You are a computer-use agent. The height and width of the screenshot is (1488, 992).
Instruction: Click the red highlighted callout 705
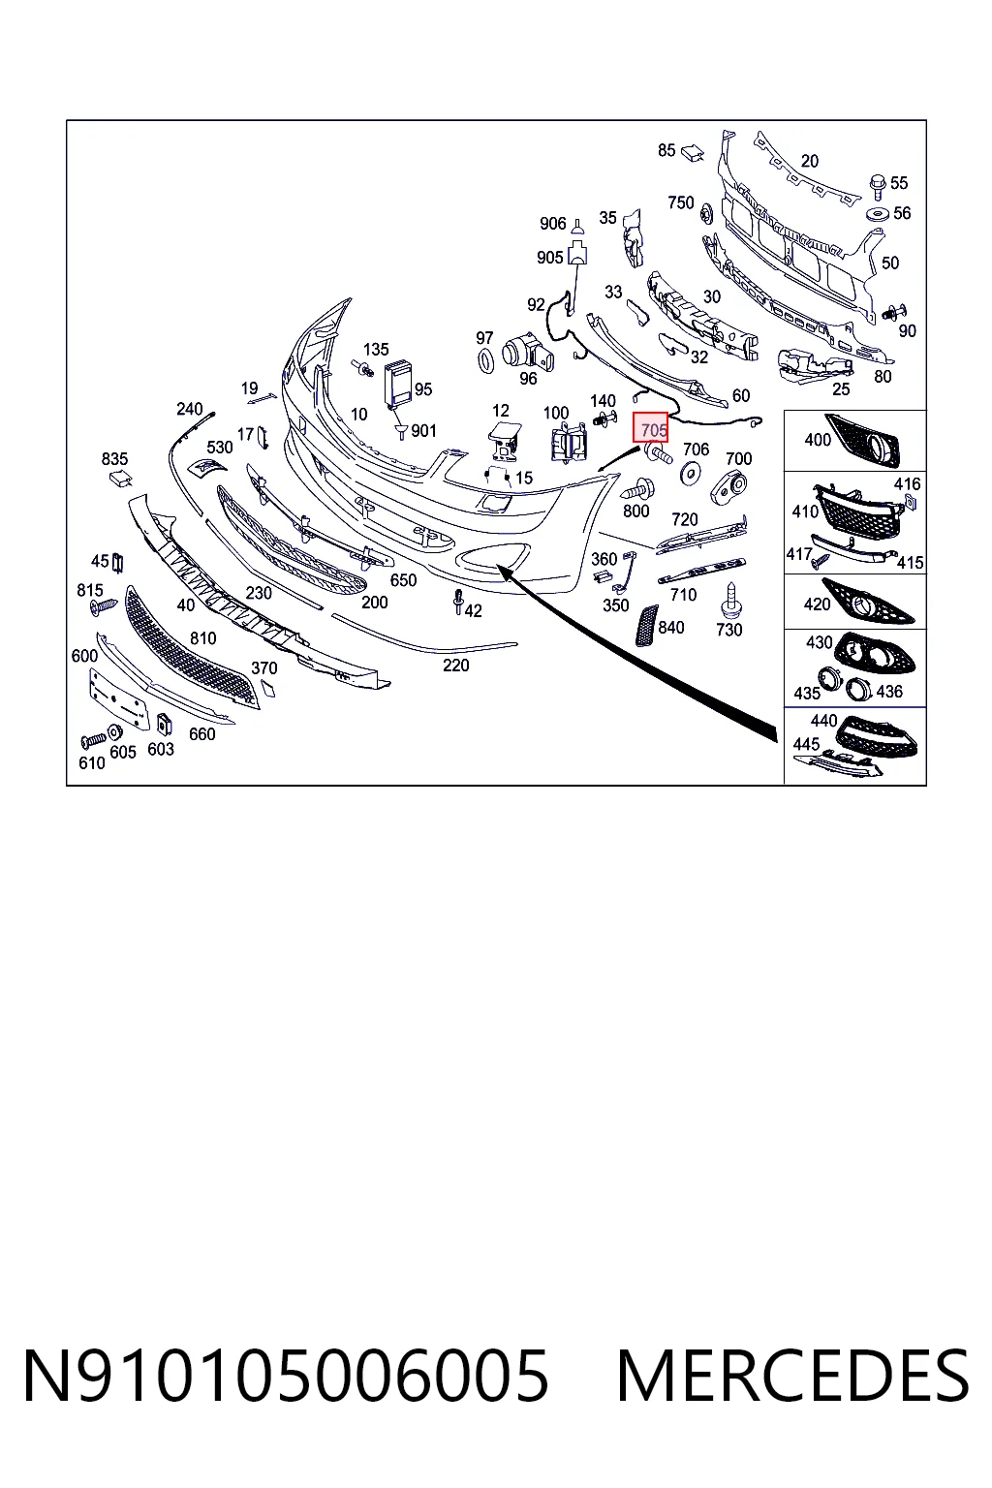pos(650,426)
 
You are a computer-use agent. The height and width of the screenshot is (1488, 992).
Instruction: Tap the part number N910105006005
pos(287,1376)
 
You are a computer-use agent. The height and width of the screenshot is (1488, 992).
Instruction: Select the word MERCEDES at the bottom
pos(792,1376)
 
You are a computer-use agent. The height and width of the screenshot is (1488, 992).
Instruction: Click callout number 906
pos(553,223)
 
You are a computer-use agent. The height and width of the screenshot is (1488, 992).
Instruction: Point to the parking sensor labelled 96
pos(528,351)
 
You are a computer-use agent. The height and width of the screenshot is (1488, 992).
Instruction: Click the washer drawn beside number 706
pos(691,474)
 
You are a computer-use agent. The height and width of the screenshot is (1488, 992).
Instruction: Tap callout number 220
pos(456,665)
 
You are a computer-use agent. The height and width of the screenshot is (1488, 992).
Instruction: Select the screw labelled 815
pos(105,605)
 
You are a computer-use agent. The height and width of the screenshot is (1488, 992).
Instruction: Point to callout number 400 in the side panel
pos(818,440)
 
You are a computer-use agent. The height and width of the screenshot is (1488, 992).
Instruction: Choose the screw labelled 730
pos(730,600)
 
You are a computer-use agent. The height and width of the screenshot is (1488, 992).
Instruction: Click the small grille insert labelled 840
pos(646,625)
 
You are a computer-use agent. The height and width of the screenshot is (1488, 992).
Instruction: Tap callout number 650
pos(403,580)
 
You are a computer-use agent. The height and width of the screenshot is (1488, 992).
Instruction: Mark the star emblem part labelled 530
pos(206,467)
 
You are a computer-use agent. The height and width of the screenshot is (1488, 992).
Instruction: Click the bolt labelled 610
pos(93,740)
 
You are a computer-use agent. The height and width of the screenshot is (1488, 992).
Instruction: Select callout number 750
pos(680,202)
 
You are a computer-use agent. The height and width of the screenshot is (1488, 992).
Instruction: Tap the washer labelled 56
pos(879,214)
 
